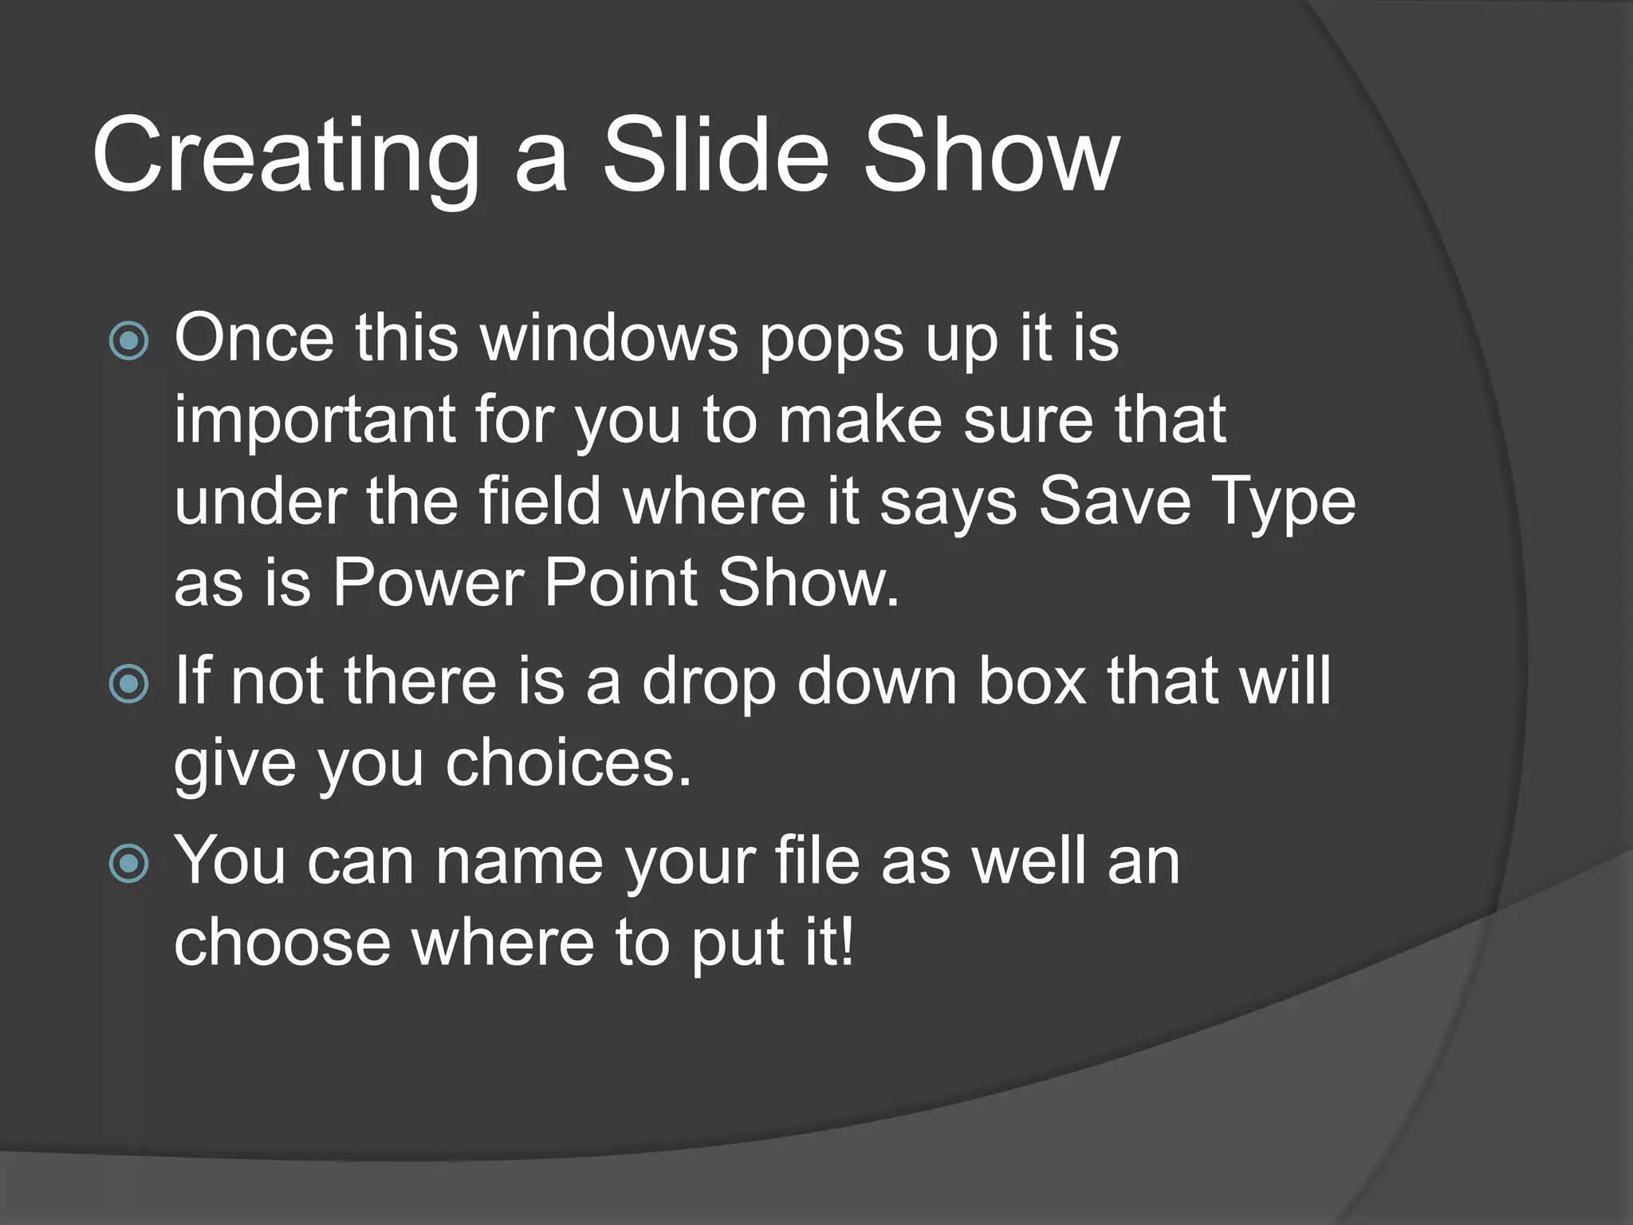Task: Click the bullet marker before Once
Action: [128, 341]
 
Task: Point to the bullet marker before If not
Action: [128, 683]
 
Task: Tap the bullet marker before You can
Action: [128, 863]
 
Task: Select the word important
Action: [314, 421]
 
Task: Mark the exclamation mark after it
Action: [847, 941]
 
